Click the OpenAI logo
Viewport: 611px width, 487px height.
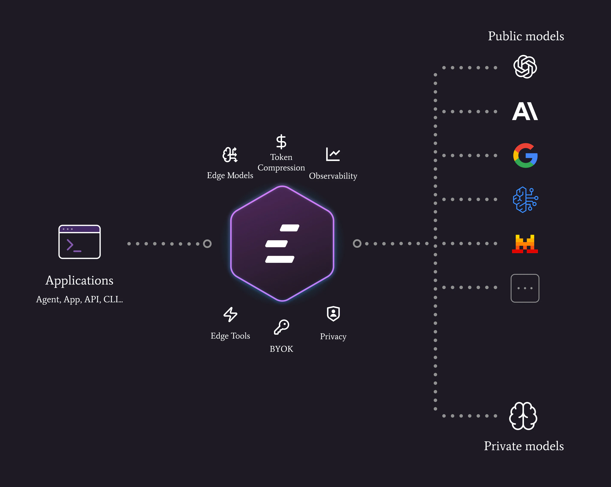click(525, 67)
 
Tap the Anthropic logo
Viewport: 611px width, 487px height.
click(525, 111)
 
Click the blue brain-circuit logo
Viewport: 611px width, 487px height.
click(525, 200)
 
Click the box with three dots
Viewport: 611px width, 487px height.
click(525, 288)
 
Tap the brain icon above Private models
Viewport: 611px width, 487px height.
click(523, 416)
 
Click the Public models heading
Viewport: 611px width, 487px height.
click(526, 36)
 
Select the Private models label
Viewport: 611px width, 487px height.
click(524, 446)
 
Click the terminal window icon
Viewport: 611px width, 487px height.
click(79, 242)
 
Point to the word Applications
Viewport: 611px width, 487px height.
click(79, 280)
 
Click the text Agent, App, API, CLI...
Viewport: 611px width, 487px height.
click(79, 299)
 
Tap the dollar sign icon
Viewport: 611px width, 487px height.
click(281, 142)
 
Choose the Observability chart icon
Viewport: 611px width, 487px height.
click(333, 154)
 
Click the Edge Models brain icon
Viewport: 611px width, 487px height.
click(230, 155)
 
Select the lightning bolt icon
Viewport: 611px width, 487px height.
click(230, 314)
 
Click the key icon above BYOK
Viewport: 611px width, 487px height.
click(281, 327)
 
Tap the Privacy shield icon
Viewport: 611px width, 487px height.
click(333, 314)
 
